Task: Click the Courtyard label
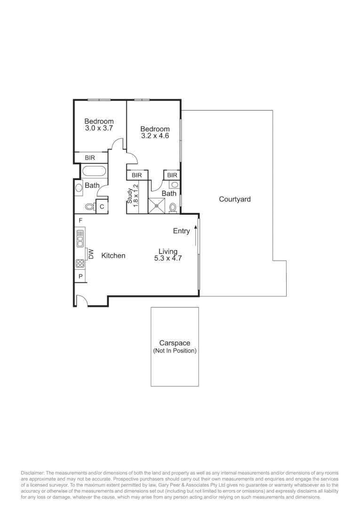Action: [235, 199]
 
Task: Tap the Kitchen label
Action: [113, 256]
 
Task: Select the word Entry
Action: [182, 231]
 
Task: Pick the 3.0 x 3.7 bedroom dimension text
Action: [99, 128]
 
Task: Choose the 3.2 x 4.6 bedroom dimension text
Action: [155, 136]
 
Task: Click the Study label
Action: [130, 195]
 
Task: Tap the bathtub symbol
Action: [94, 171]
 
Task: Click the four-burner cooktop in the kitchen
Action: [80, 264]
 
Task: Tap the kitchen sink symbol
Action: [80, 238]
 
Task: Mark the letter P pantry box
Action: [80, 277]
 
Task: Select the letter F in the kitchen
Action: [80, 221]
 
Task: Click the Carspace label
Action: [175, 344]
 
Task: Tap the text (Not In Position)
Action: [175, 351]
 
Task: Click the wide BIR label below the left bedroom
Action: [90, 158]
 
